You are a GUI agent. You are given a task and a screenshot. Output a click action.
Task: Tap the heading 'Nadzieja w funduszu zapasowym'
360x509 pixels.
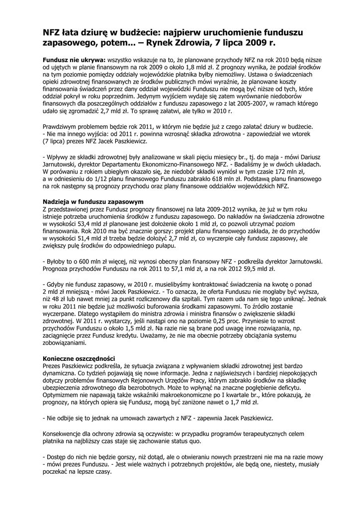[x=93, y=202]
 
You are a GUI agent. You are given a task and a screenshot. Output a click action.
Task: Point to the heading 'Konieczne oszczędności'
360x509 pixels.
[x=79, y=358]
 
